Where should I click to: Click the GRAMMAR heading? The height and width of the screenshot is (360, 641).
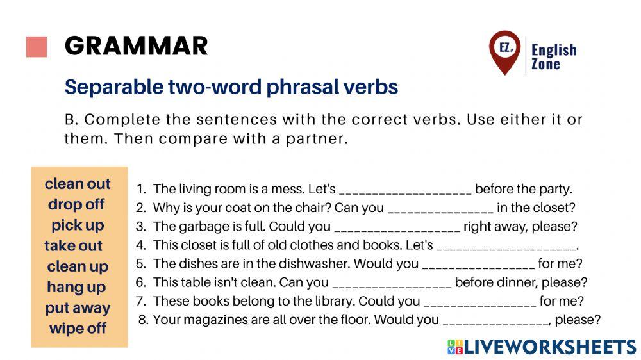click(x=136, y=46)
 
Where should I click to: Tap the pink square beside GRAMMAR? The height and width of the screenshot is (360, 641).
click(x=37, y=47)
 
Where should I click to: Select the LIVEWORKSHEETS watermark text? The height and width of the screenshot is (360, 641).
click(x=549, y=347)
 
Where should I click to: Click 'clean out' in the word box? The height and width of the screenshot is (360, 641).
click(x=78, y=184)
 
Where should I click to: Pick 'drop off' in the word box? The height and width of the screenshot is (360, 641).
click(x=76, y=205)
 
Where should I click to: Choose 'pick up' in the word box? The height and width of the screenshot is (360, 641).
click(x=78, y=225)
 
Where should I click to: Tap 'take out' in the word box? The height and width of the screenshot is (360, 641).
click(x=73, y=246)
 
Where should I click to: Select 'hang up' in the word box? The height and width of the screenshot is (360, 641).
click(x=76, y=287)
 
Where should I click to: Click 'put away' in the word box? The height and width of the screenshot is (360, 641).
click(x=78, y=308)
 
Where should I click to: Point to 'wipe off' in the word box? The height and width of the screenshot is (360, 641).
click(x=78, y=329)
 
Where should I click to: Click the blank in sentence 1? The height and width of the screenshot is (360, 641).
click(x=405, y=191)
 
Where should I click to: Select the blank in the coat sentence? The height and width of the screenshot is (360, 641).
click(x=440, y=209)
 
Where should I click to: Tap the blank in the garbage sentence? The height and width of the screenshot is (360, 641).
click(x=397, y=228)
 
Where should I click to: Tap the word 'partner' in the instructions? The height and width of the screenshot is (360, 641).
click(x=317, y=139)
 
